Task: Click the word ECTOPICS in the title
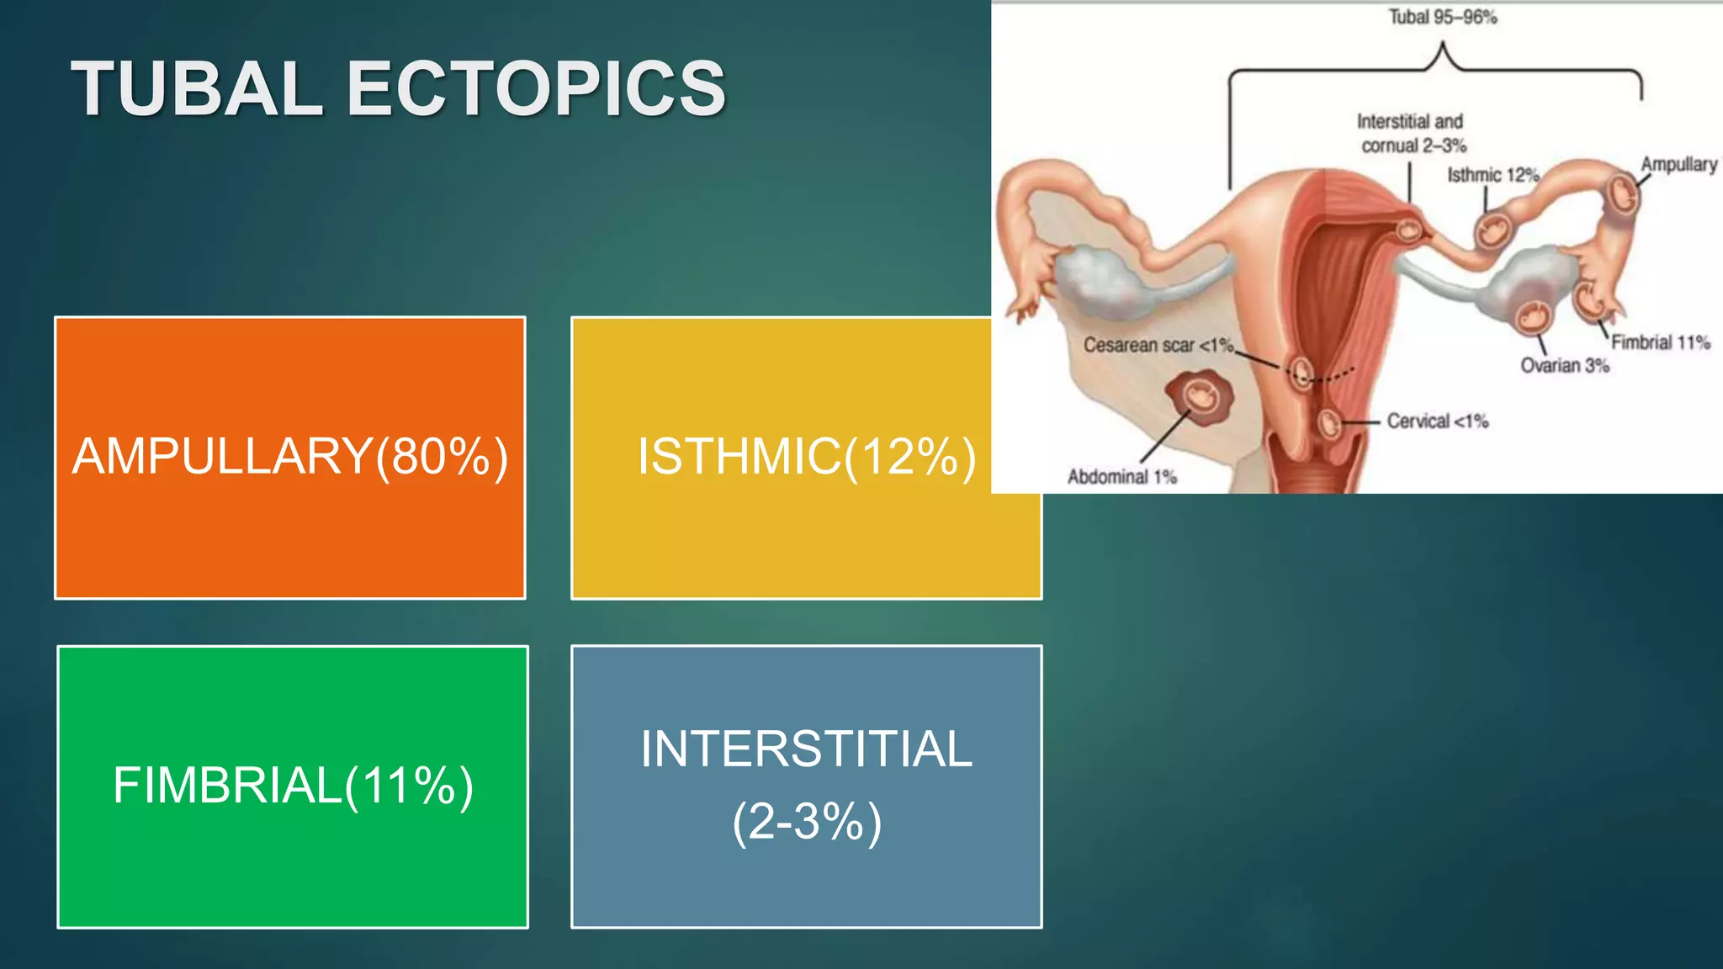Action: (x=536, y=89)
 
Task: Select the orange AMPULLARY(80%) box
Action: (x=290, y=457)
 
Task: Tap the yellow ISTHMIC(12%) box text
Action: (x=806, y=457)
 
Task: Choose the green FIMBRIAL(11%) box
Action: (x=293, y=786)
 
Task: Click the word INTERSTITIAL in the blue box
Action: (x=806, y=749)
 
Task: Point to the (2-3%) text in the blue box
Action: (x=806, y=822)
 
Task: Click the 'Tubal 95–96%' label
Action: (x=1442, y=18)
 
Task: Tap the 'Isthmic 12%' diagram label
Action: (x=1492, y=175)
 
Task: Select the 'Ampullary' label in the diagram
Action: (x=1678, y=164)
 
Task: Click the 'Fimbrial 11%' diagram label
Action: (x=1660, y=342)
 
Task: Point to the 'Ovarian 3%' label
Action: (x=1564, y=366)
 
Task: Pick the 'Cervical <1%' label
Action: (x=1437, y=421)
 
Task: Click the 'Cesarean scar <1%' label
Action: (x=1158, y=345)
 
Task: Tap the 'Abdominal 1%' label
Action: (x=1121, y=477)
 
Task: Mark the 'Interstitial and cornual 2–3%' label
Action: (x=1412, y=134)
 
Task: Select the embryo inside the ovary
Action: (x=1532, y=317)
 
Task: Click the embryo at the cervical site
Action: (x=1328, y=423)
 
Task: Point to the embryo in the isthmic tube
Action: (x=1493, y=229)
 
